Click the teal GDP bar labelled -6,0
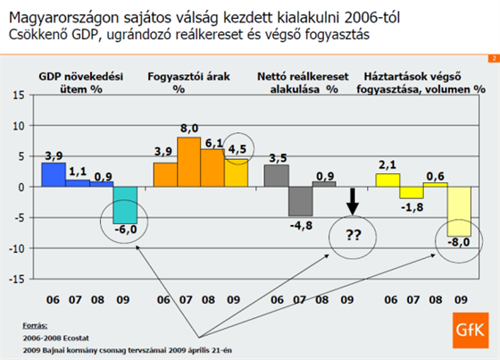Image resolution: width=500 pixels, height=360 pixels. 125,205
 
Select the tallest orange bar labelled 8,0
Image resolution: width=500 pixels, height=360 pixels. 188,162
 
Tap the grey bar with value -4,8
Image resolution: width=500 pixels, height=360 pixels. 300,201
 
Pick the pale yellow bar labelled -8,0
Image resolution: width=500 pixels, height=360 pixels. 459,212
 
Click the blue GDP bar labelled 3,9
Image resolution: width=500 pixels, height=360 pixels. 54,174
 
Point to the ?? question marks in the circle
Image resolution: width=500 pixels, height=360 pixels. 353,235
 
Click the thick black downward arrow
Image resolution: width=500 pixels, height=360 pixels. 353,201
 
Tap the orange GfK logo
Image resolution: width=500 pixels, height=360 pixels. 471,331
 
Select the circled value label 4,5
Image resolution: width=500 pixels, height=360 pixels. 237,149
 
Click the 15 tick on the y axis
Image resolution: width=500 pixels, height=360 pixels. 19,95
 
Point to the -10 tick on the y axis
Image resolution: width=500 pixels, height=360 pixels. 16,248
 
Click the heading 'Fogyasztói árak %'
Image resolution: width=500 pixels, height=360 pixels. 188,83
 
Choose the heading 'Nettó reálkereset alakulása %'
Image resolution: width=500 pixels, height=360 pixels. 303,83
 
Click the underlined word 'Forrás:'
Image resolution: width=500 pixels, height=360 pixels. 35,326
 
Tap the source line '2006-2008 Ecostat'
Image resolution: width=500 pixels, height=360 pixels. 55,338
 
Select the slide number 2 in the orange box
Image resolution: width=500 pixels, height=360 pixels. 494,58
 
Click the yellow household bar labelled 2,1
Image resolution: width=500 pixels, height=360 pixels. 387,180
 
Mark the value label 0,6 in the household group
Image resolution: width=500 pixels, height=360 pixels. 436,176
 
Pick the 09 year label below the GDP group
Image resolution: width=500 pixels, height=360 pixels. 123,300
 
